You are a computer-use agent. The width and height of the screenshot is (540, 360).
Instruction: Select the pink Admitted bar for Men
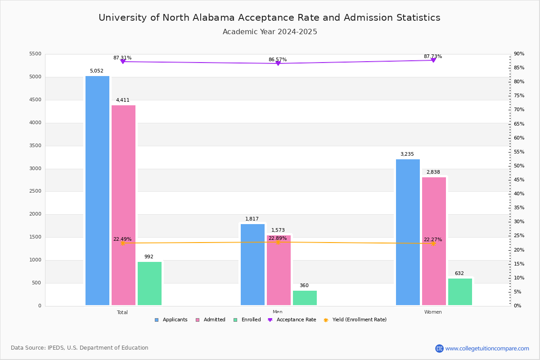click(x=279, y=270)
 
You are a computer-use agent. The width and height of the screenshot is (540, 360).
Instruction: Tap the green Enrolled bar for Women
click(x=460, y=292)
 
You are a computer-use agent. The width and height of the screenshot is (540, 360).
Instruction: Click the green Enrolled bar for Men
click(x=305, y=298)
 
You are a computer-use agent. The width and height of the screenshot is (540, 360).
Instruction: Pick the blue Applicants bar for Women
click(x=408, y=232)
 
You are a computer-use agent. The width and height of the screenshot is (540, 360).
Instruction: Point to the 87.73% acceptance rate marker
click(x=433, y=60)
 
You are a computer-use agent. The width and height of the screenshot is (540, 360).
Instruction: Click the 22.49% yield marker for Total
click(x=122, y=243)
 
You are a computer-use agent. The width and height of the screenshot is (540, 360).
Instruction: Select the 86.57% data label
click(x=278, y=59)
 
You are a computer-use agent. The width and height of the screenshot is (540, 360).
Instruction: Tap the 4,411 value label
click(x=122, y=100)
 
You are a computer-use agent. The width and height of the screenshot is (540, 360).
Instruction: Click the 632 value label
click(x=459, y=273)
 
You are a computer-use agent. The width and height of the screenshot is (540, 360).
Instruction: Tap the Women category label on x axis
click(x=433, y=312)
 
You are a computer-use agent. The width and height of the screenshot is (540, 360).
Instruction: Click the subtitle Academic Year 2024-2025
click(x=270, y=32)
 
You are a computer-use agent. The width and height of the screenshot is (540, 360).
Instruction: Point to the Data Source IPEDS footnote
click(x=80, y=348)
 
